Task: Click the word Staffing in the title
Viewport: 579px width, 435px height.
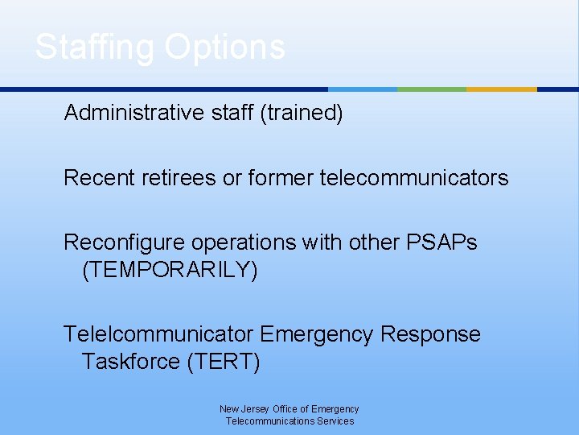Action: coord(95,47)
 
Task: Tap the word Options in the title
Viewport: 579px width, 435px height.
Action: coord(224,47)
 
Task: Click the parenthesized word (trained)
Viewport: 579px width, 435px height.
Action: coord(302,113)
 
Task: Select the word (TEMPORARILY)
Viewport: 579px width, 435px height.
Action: coord(170,270)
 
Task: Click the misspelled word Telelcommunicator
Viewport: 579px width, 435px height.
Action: coord(158,334)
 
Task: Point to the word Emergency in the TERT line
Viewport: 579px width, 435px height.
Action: coord(318,334)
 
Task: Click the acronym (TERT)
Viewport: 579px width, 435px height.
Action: coord(224,362)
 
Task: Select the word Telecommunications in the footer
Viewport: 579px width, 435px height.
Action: coord(273,421)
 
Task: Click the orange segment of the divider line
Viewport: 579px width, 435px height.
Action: coord(501,89)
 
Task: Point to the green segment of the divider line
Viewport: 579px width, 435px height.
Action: coord(432,89)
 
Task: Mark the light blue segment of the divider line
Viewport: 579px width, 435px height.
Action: coord(363,89)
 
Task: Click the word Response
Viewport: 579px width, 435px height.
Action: coord(430,334)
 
